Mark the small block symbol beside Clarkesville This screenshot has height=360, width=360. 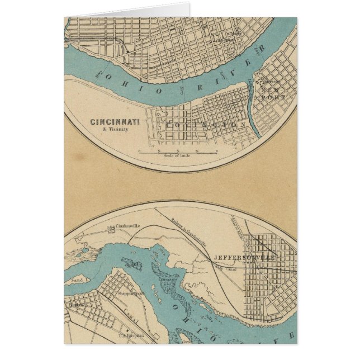point(111,228)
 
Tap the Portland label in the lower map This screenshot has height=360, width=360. point(77,305)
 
